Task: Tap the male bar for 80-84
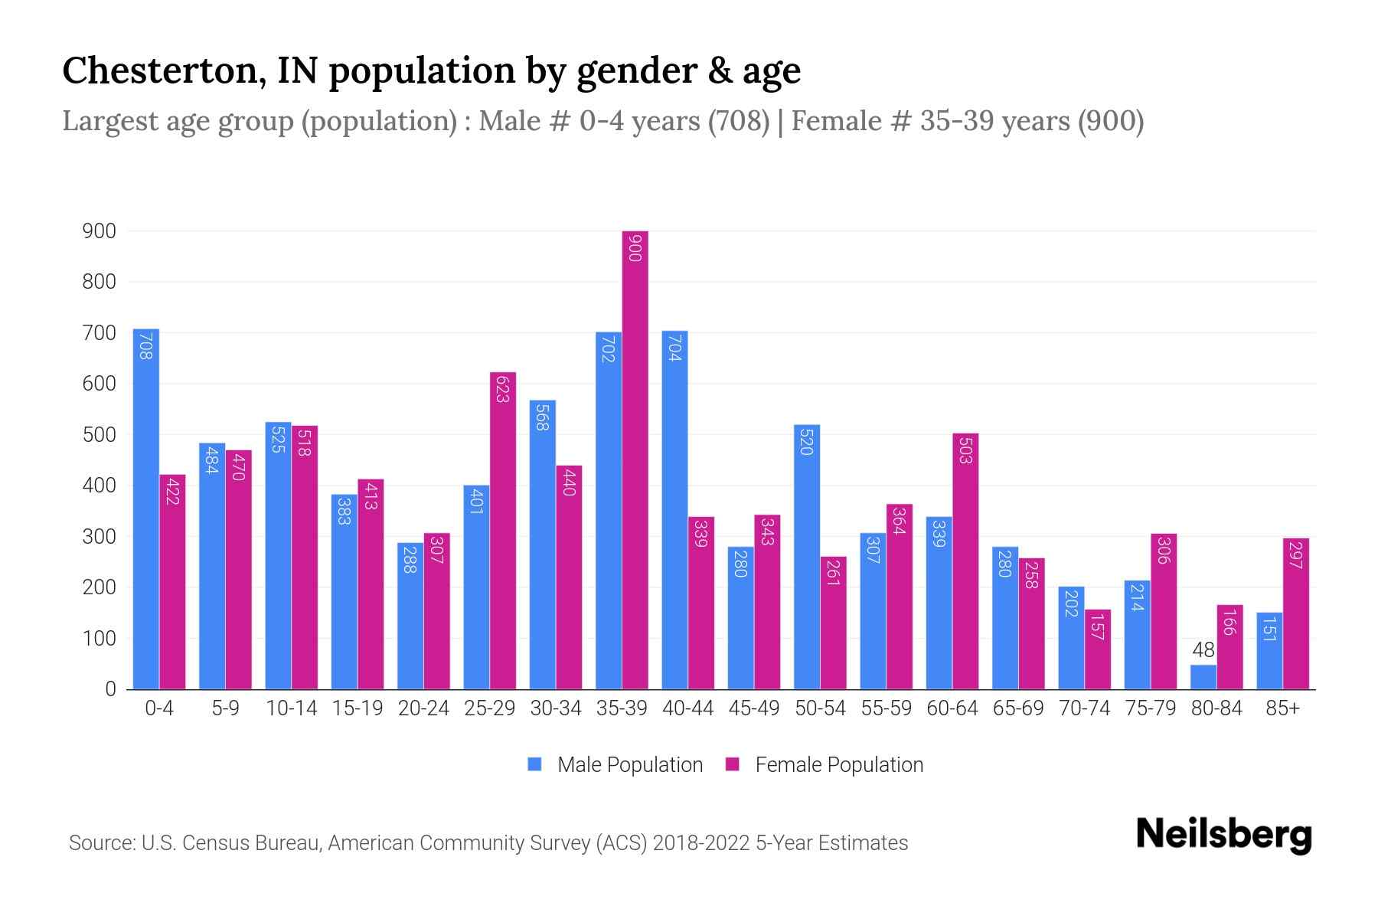click(x=1203, y=677)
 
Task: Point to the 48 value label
click(x=1203, y=650)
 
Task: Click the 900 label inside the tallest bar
click(x=635, y=248)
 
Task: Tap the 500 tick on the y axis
click(x=99, y=434)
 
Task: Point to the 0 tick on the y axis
click(x=110, y=688)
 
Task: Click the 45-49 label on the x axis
click(x=753, y=708)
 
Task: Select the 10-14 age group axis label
click(x=291, y=708)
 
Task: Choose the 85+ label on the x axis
click(x=1282, y=708)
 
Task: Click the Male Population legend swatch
click(x=534, y=764)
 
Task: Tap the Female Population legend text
click(x=838, y=764)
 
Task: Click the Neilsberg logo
click(x=1223, y=834)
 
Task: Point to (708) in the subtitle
click(x=738, y=121)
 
